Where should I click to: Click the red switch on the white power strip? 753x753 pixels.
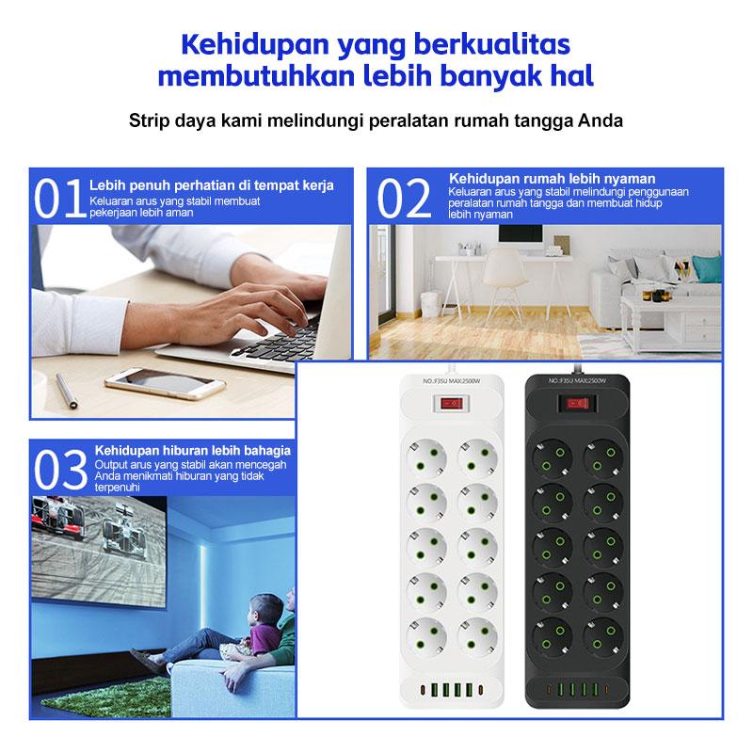click(x=452, y=404)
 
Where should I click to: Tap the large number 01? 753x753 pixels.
click(x=59, y=199)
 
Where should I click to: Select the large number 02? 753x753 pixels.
click(x=404, y=199)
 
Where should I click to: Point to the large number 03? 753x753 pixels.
click(x=60, y=470)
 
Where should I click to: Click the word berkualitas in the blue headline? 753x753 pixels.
click(x=491, y=44)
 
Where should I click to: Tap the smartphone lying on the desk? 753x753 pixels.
click(x=165, y=383)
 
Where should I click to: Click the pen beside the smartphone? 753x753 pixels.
click(x=65, y=391)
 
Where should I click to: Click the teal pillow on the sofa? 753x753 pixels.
click(x=708, y=270)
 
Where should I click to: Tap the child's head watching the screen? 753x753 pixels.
click(x=265, y=610)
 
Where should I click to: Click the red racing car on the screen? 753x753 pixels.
click(x=58, y=518)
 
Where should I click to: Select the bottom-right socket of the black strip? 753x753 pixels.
click(x=603, y=637)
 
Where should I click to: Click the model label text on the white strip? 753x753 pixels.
click(x=452, y=381)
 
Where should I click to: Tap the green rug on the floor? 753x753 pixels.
click(x=106, y=695)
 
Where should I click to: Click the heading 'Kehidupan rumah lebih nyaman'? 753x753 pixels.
click(x=552, y=179)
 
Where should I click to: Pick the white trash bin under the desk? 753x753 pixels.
click(x=431, y=304)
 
